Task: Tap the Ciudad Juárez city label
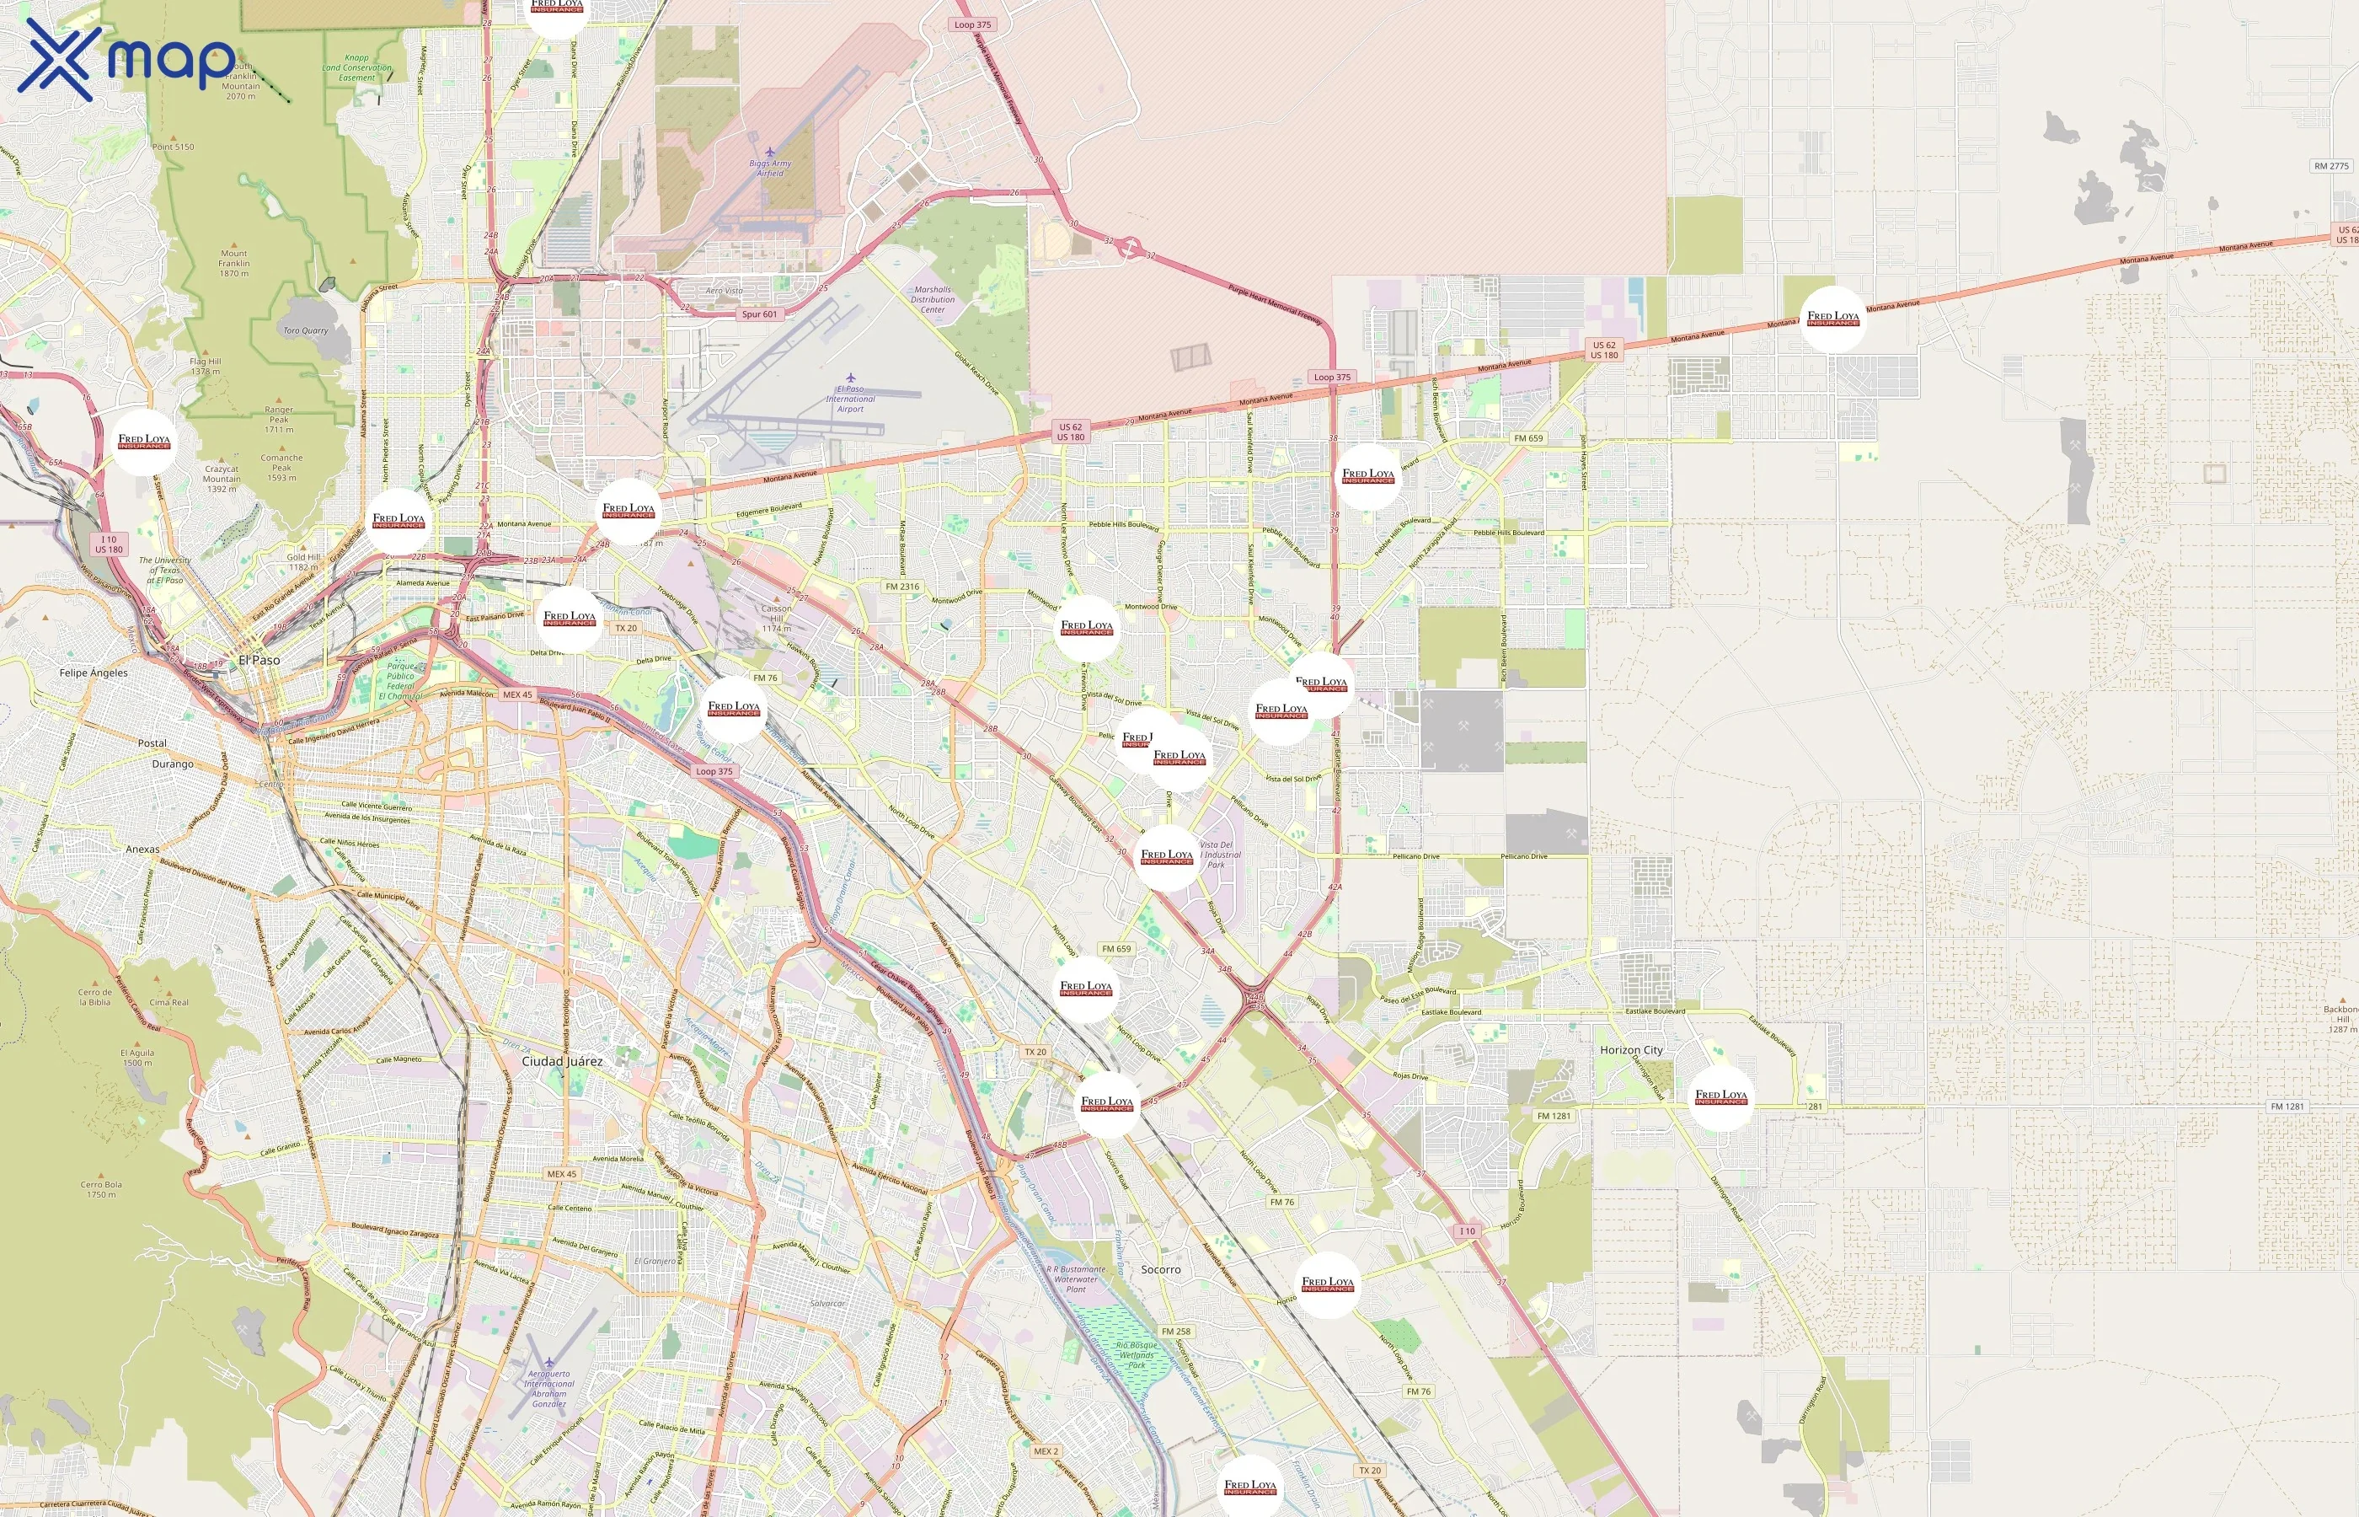coord(561,1061)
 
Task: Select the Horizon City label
coord(1630,1050)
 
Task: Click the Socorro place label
coord(1160,1270)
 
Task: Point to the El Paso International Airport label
coord(850,398)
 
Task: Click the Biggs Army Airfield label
coord(770,168)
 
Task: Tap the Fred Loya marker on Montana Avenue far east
coord(1832,319)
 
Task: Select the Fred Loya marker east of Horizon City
coord(1720,1096)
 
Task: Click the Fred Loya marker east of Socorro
coord(1327,1284)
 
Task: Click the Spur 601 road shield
coord(759,314)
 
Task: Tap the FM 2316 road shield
coord(901,586)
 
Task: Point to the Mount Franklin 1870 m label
coord(233,263)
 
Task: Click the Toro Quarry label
coord(305,331)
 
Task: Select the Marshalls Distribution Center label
coord(932,299)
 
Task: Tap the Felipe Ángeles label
coord(94,673)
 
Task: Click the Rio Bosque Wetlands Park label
coord(1137,1354)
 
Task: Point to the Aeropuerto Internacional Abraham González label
coord(548,1388)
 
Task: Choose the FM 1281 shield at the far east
coord(2287,1107)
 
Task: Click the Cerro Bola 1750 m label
coord(100,1189)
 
